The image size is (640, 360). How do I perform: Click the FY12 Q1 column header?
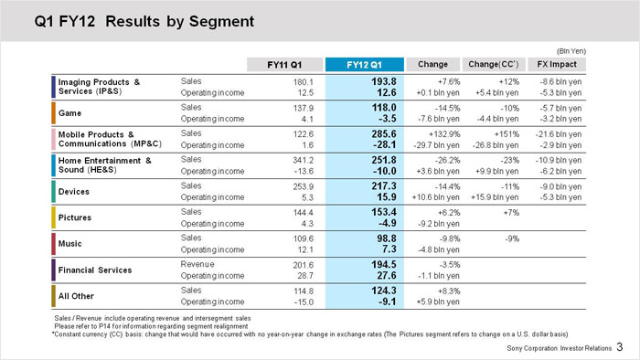point(365,65)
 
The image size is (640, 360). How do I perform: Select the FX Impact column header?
point(557,64)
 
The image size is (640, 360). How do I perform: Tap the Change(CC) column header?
point(494,64)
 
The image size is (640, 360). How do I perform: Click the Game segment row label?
point(69,113)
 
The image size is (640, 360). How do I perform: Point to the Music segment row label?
point(69,243)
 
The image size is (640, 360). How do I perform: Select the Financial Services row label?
point(95,270)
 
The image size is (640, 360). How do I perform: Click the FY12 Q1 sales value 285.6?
point(384,133)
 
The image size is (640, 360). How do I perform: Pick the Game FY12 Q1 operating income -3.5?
point(387,119)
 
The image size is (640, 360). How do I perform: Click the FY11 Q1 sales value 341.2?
point(303,160)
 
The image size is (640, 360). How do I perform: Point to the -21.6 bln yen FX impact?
point(559,134)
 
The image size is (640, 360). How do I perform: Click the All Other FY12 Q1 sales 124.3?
point(384,291)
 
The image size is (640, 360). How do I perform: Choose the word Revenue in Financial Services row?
point(197,264)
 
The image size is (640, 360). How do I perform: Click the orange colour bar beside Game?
point(53,113)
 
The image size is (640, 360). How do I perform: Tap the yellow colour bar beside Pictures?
point(53,217)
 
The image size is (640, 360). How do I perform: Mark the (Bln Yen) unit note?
point(571,51)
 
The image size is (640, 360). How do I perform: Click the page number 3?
point(620,347)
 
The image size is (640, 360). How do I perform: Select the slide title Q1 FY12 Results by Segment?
point(144,21)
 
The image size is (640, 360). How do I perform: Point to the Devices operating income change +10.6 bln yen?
point(435,197)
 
